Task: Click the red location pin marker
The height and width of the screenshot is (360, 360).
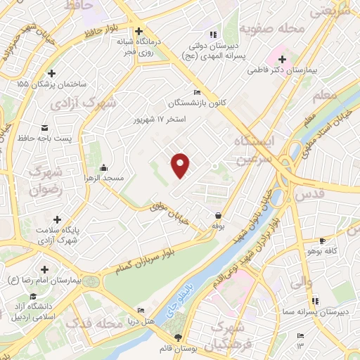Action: [181, 165]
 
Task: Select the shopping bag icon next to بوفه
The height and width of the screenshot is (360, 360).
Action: [218, 216]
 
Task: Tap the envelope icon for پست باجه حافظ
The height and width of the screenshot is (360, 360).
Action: [46, 127]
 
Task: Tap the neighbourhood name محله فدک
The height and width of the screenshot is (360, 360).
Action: [94, 323]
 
